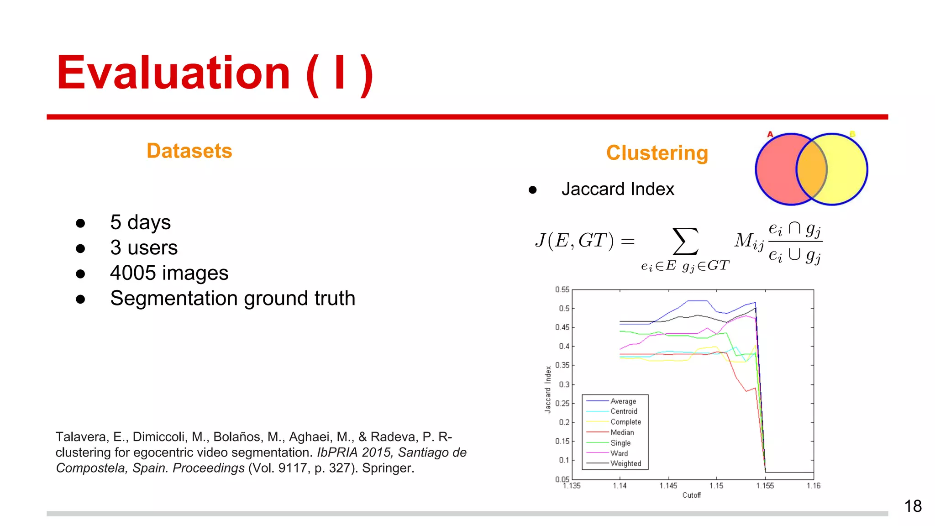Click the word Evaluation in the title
point(173,73)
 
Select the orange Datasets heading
point(189,151)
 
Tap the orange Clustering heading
point(657,153)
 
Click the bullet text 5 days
point(140,222)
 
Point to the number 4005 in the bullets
point(133,273)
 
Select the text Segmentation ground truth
point(232,298)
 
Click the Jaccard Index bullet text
point(617,189)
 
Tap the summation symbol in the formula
point(685,241)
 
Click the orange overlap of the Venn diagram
point(812,169)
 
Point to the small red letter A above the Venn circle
point(770,134)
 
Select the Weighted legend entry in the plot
point(625,463)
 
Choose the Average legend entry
point(623,401)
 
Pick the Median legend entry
point(622,432)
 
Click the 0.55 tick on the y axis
point(562,289)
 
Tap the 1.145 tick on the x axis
point(668,486)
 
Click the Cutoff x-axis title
point(691,495)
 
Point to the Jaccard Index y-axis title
point(548,389)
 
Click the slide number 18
point(913,506)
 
